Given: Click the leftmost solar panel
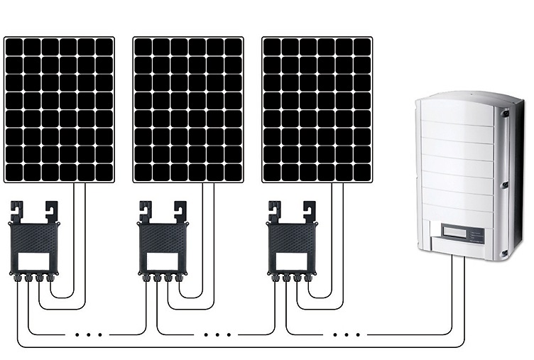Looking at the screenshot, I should [x=59, y=109].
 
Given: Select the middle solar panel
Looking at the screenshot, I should [x=188, y=109].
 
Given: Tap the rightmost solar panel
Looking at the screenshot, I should [x=317, y=109].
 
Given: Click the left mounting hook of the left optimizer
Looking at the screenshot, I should [x=16, y=211].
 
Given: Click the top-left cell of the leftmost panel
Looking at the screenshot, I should [x=15, y=47].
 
